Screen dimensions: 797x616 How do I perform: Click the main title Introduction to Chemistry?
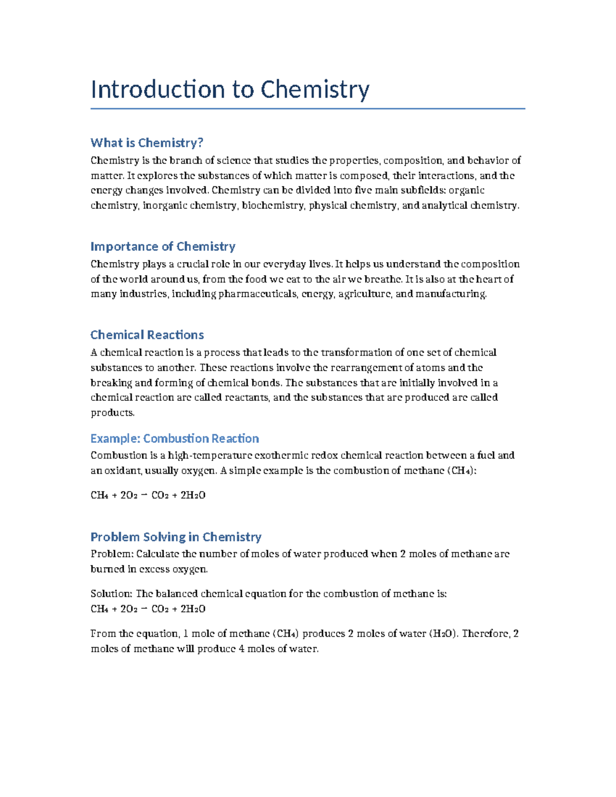point(229,89)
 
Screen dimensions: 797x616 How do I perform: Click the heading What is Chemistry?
point(147,143)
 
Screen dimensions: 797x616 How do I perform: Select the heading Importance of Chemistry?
point(163,246)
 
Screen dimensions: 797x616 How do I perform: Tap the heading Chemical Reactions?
point(147,335)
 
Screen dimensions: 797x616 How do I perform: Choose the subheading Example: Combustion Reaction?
point(175,438)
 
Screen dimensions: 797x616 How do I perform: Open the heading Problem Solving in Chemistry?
point(176,537)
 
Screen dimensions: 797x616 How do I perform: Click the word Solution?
point(111,594)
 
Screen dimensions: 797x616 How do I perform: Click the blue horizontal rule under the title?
point(307,109)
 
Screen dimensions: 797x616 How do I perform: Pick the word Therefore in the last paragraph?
point(485,634)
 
